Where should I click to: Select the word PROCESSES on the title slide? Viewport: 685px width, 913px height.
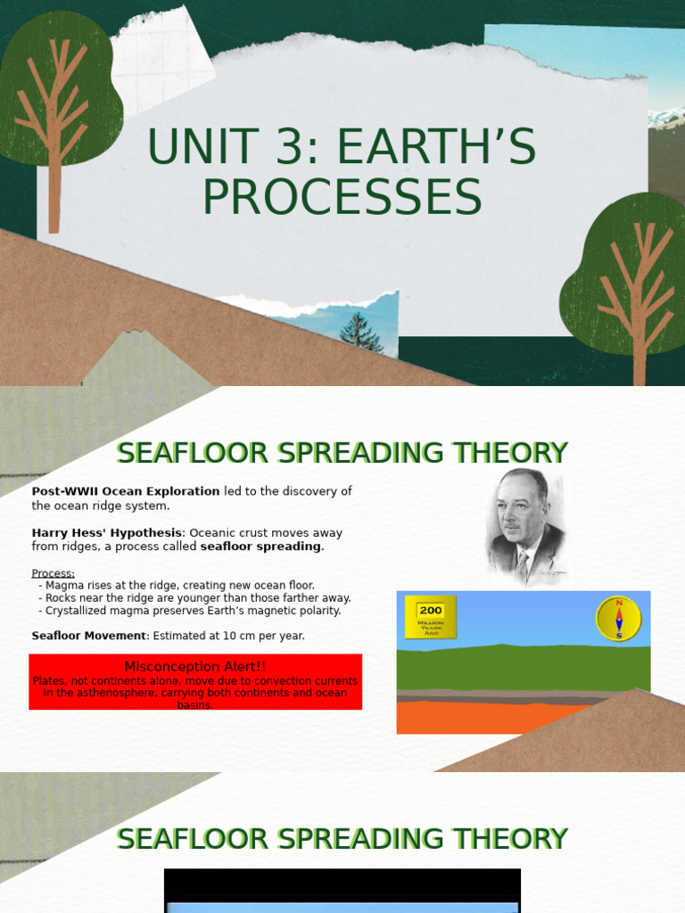coord(342,198)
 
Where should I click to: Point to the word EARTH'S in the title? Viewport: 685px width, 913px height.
coord(437,148)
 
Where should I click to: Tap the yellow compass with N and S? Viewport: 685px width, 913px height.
coord(618,618)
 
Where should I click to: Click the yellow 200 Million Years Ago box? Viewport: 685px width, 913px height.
coord(431,617)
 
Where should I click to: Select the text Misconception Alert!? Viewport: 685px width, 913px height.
coord(194,666)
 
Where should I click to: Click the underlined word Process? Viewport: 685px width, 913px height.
coord(54,573)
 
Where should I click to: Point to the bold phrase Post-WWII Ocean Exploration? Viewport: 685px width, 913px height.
coord(126,491)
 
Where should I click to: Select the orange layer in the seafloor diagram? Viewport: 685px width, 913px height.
coord(491,718)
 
